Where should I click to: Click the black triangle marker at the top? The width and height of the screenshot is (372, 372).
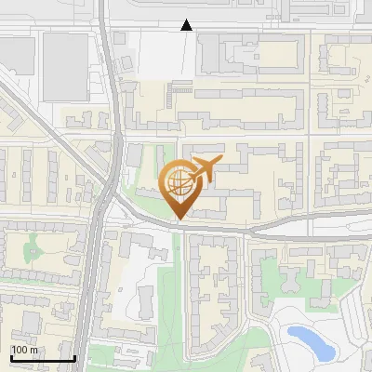click(x=187, y=25)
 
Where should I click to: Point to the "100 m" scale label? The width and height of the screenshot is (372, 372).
click(x=24, y=350)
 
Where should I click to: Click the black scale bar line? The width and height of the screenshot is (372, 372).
click(x=42, y=359)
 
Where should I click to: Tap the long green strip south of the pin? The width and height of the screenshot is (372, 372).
click(x=166, y=298)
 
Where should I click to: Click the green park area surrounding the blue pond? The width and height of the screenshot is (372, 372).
click(x=288, y=316)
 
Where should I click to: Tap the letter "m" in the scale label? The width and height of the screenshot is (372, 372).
click(x=33, y=350)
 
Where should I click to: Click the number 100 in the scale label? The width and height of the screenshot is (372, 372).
click(x=20, y=350)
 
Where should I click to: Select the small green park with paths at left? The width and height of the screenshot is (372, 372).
click(x=37, y=246)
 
